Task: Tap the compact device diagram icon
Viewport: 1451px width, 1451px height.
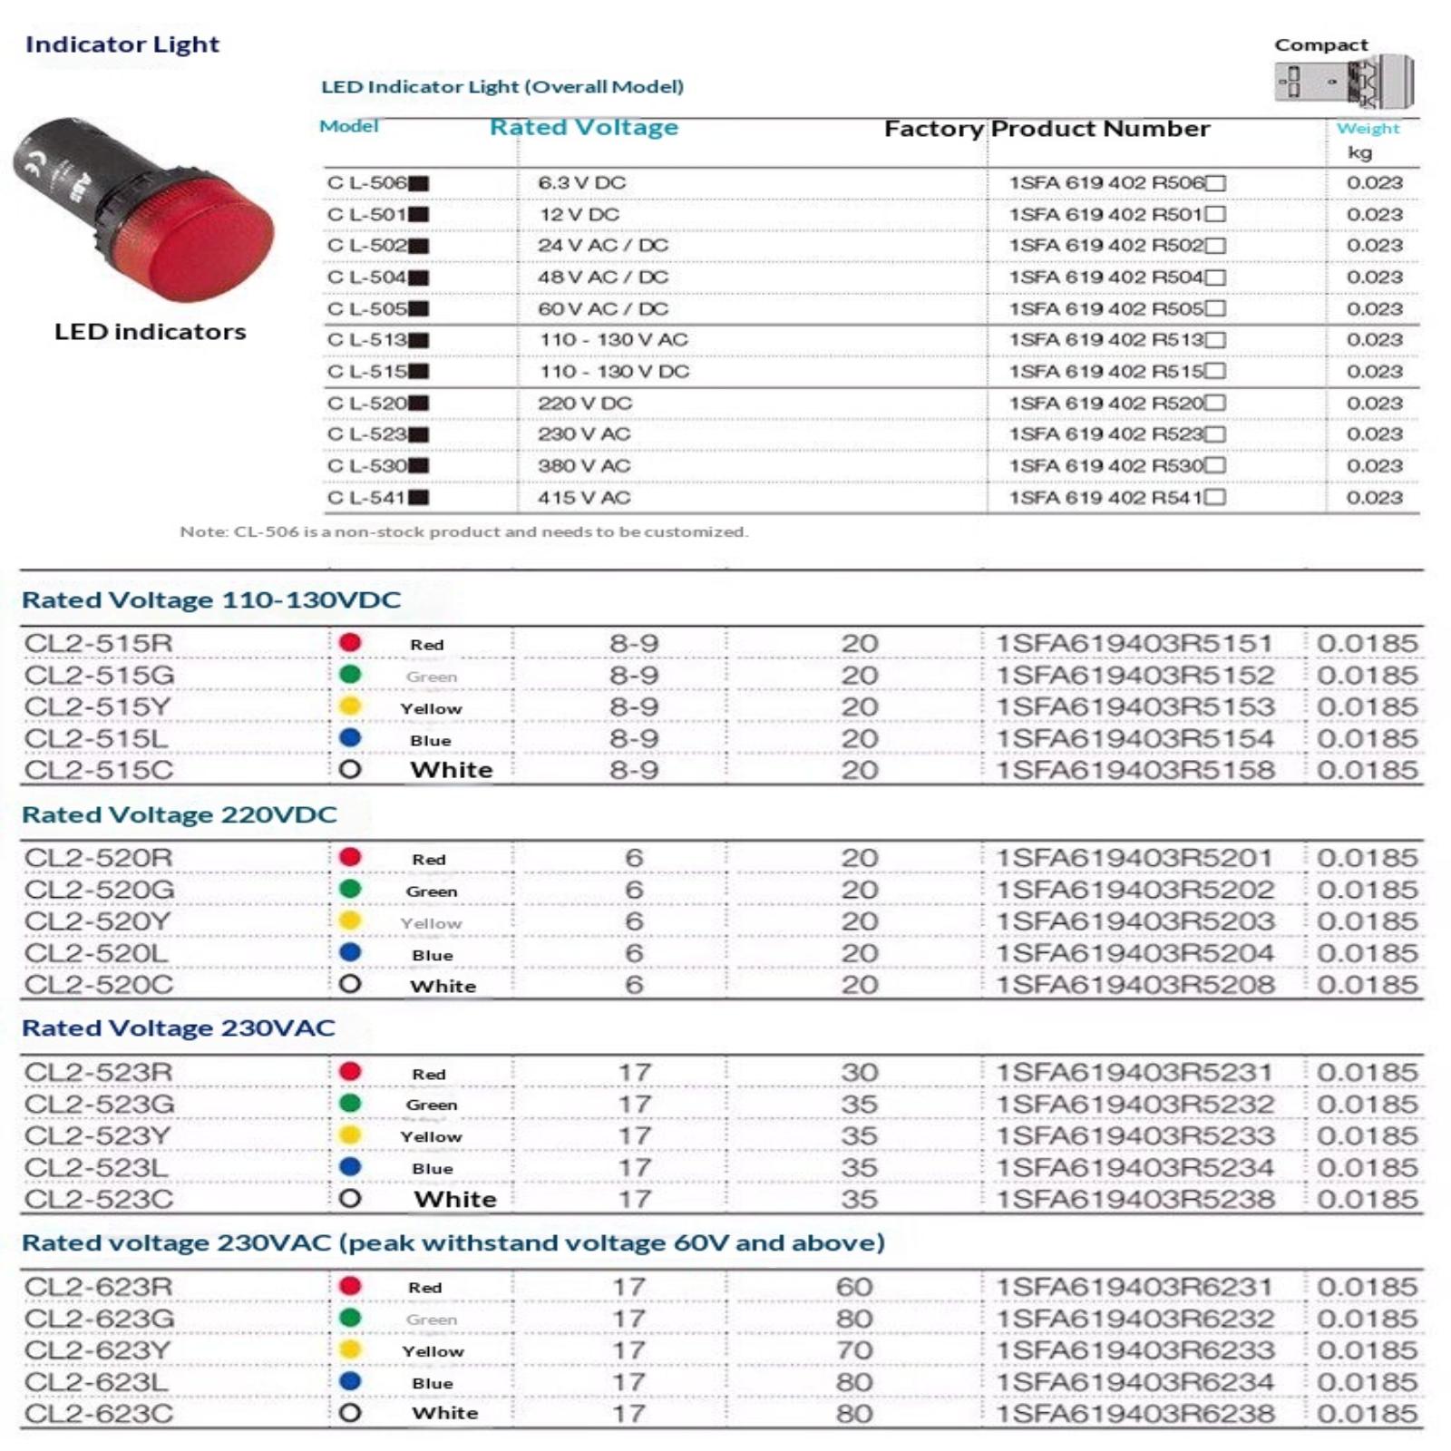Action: [x=1343, y=82]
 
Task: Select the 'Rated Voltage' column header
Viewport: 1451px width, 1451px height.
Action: [x=583, y=127]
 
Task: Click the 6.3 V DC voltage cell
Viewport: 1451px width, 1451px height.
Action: [x=581, y=182]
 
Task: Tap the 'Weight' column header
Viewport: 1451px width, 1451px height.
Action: [x=1367, y=129]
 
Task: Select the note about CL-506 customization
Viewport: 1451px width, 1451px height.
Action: [x=463, y=531]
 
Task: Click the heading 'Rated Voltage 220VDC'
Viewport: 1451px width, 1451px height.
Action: [x=180, y=814]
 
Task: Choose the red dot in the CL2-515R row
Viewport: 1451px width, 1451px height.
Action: [x=350, y=643]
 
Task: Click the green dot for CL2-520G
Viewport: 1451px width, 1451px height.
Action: [x=350, y=890]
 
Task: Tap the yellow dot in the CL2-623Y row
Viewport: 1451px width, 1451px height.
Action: [x=350, y=1350]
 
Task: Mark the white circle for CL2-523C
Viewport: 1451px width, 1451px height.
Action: [x=350, y=1199]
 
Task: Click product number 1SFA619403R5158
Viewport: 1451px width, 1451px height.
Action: [x=1135, y=770]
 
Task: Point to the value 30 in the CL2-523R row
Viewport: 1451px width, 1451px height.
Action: [x=859, y=1072]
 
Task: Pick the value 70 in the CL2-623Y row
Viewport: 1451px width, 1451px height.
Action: [x=854, y=1350]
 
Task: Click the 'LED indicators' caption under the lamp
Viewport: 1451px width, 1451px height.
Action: [x=150, y=332]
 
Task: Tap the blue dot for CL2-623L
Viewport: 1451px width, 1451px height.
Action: [x=350, y=1382]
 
